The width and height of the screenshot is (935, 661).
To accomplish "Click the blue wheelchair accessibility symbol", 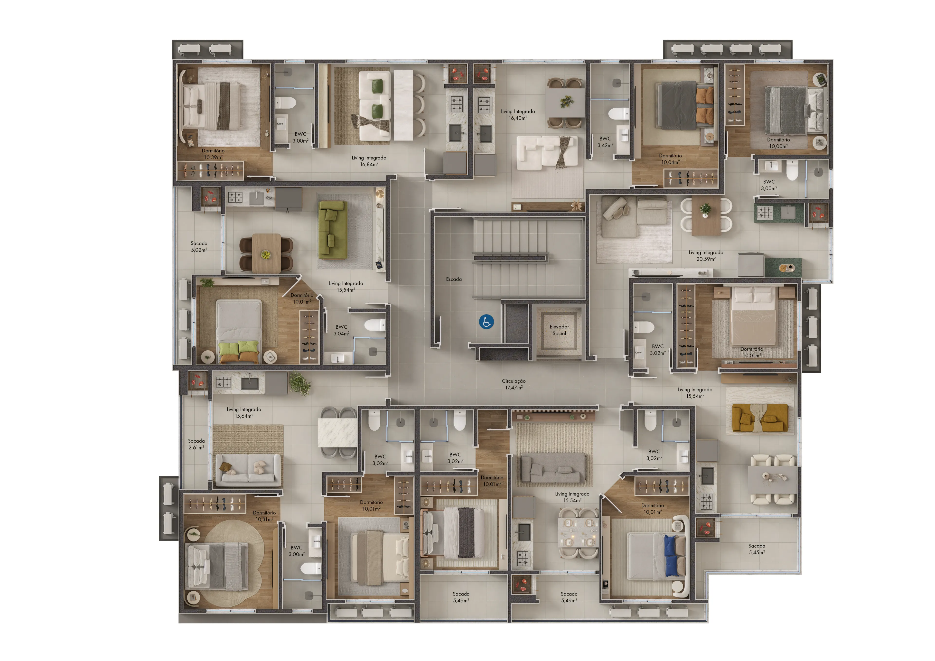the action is [486, 322].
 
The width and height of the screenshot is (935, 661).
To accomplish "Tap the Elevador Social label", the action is [559, 330].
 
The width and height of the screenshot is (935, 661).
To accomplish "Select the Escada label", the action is [454, 279].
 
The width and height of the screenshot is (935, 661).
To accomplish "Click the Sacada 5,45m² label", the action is [757, 549].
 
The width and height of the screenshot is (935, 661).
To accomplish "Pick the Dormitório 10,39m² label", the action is [213, 154].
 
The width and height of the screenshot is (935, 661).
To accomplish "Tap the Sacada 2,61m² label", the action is [196, 444].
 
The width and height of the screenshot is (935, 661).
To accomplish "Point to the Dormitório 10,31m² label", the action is [264, 516].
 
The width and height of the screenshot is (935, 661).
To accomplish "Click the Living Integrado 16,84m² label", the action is [369, 161].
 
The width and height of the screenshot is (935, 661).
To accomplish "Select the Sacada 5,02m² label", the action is [199, 246].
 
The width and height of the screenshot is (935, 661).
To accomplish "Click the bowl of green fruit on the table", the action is [265, 255].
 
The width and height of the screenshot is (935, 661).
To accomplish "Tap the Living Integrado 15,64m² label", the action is [244, 413].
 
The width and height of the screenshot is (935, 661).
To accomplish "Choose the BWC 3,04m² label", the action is [341, 330].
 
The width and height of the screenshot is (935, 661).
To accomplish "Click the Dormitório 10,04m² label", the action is [670, 159].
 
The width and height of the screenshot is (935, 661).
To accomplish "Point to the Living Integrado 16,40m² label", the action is [518, 114].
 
